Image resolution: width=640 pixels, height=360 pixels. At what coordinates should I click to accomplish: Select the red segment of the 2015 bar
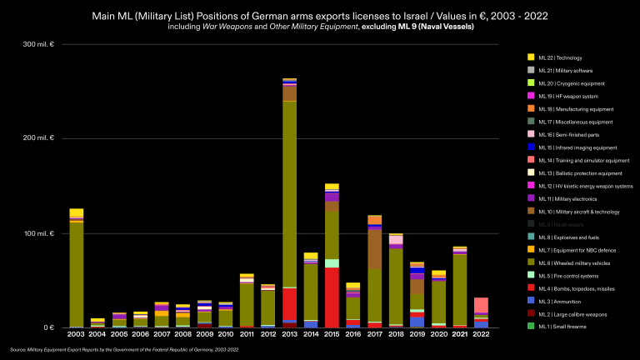[x=332, y=297]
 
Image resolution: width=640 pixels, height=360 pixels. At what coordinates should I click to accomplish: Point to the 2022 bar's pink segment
[x=482, y=305]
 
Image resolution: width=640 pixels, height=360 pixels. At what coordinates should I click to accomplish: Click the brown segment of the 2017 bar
[x=374, y=249]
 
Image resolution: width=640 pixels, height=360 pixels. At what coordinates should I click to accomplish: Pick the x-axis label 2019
[x=417, y=334]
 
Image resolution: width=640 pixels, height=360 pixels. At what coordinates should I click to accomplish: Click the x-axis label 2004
[x=97, y=334]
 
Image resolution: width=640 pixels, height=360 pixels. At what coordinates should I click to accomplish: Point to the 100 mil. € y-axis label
[x=40, y=233]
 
